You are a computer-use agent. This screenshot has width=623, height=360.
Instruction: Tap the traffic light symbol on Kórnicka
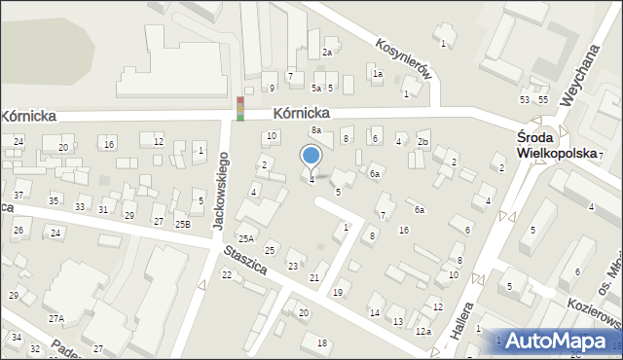[240, 108]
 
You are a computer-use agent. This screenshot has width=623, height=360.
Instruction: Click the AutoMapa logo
[559, 342]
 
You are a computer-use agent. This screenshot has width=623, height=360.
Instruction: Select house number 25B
[182, 224]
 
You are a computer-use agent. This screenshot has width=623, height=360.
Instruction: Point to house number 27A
[56, 318]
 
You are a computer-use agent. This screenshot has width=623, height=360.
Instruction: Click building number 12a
[422, 332]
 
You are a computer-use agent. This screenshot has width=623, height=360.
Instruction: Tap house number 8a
[315, 129]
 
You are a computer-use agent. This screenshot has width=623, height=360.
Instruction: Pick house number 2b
[422, 142]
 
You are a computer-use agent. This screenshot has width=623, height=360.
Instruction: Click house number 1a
[377, 74]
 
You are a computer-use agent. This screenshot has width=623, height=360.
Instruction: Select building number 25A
[246, 238]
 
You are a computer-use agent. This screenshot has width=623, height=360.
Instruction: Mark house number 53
[525, 100]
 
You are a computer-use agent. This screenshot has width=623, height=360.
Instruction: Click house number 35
[55, 200]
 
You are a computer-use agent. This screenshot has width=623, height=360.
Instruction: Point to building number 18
[322, 342]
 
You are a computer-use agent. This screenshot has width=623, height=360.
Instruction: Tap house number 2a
[327, 53]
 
